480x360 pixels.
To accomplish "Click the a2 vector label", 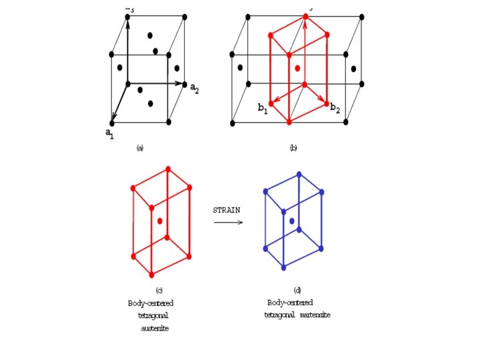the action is pyautogui.click(x=194, y=87).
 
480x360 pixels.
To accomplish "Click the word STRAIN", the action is pyautogui.click(x=227, y=209).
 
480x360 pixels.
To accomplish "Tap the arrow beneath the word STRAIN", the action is pyautogui.click(x=228, y=223).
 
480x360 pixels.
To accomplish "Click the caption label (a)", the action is pyautogui.click(x=140, y=148).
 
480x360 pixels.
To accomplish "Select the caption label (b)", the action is pyautogui.click(x=293, y=148).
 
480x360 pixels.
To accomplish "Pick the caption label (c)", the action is pyautogui.click(x=159, y=290).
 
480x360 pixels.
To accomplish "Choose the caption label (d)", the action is pyautogui.click(x=297, y=291).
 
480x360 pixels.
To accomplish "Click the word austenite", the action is pyautogui.click(x=155, y=327).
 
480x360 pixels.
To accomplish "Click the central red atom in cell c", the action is pyautogui.click(x=160, y=221).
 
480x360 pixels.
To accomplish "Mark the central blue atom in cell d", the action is pyautogui.click(x=291, y=220).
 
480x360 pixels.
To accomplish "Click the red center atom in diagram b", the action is pyautogui.click(x=298, y=68).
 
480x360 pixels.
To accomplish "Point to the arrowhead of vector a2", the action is pyautogui.click(x=183, y=84).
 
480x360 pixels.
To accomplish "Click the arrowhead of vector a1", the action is pyautogui.click(x=113, y=118).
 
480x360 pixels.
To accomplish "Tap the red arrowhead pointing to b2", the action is pyautogui.click(x=324, y=102).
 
